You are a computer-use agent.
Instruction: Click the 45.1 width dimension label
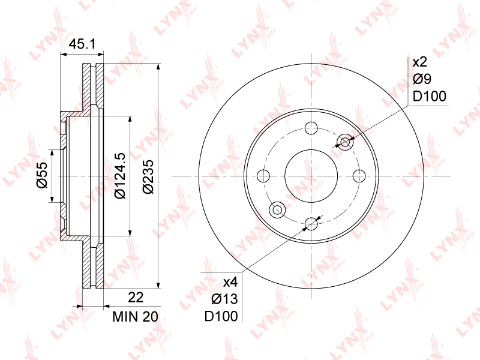point(82,44)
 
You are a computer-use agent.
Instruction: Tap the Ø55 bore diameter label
point(43,175)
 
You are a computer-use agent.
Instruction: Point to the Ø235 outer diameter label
point(148,176)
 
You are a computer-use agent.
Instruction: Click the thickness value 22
point(136,297)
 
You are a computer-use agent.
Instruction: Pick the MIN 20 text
point(135,317)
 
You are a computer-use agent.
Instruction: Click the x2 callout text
point(419,62)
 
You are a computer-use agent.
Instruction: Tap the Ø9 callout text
point(422,79)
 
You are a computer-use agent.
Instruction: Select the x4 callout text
point(230,282)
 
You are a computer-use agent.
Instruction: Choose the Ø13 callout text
point(224,299)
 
